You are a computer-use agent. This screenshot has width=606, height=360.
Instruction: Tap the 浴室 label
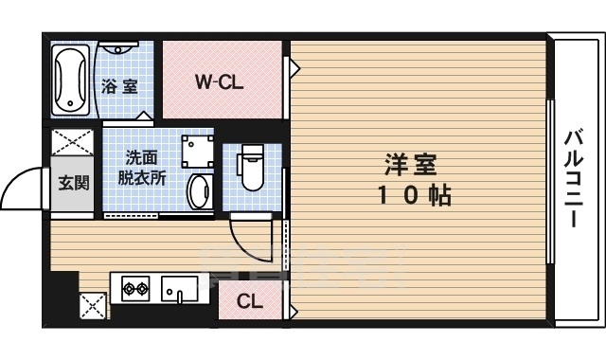pos(119,86)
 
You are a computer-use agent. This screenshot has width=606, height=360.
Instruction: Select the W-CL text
pos(220,81)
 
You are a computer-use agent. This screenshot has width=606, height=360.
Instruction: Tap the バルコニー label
pos(574,179)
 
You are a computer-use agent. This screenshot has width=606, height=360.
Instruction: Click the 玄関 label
pos(74,182)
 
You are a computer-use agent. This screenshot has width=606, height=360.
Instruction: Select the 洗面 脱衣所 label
pos(141,167)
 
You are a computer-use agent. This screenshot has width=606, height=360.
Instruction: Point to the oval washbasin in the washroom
pos(199,191)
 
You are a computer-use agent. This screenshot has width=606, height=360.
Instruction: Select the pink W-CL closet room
pos(221,80)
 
